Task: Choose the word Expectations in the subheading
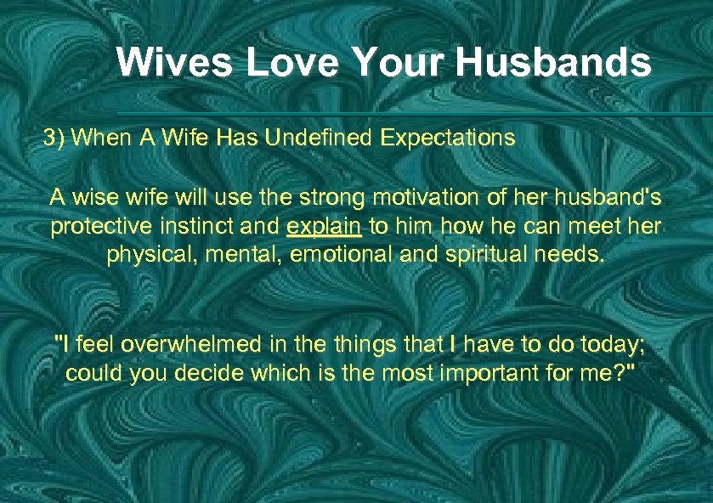tap(448, 138)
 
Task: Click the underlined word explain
tap(325, 228)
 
